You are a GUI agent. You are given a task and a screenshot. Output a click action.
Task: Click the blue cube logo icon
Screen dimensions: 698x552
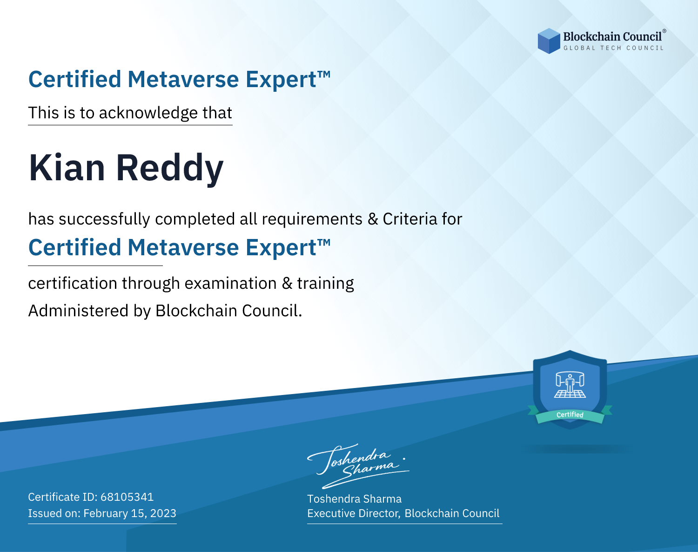(549, 41)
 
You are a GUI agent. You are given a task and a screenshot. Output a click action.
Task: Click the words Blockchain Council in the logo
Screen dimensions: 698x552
(612, 37)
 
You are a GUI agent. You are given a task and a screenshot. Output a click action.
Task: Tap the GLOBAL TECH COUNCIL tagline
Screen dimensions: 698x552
(613, 48)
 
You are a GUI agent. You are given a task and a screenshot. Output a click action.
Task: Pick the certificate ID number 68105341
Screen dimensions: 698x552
(127, 497)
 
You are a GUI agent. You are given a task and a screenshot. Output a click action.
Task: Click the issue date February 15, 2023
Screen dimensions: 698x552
(130, 513)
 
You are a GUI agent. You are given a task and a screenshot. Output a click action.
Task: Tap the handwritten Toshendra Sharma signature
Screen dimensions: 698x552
(358, 466)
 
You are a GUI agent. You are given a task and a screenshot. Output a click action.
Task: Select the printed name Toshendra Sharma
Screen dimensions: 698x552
(354, 499)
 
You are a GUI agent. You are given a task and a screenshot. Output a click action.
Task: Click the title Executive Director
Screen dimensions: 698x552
(353, 513)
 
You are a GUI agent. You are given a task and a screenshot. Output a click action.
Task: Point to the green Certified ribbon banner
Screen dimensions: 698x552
(570, 415)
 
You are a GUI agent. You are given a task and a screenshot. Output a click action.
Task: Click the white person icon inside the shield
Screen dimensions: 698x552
(570, 384)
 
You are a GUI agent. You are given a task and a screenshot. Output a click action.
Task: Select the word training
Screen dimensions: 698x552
(326, 284)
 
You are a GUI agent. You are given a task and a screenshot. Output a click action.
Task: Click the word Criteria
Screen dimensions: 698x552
(409, 219)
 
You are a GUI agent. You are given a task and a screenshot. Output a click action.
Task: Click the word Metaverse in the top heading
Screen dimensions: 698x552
(183, 80)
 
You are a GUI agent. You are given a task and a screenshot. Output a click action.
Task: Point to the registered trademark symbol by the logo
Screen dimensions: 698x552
(664, 31)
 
